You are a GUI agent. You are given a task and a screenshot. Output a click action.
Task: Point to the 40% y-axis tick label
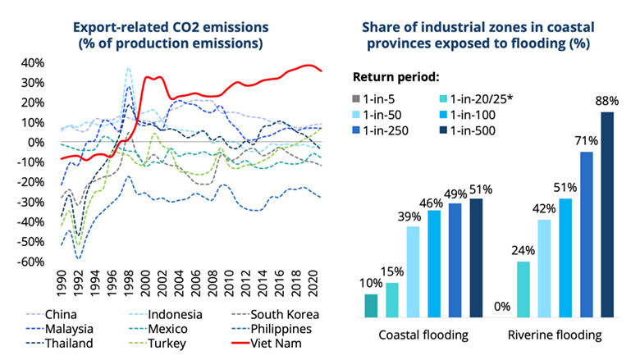34,63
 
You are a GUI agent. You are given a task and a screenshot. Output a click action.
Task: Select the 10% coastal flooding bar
372,306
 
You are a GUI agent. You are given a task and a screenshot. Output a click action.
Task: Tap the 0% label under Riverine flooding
502,308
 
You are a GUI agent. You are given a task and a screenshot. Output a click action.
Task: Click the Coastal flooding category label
423,335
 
